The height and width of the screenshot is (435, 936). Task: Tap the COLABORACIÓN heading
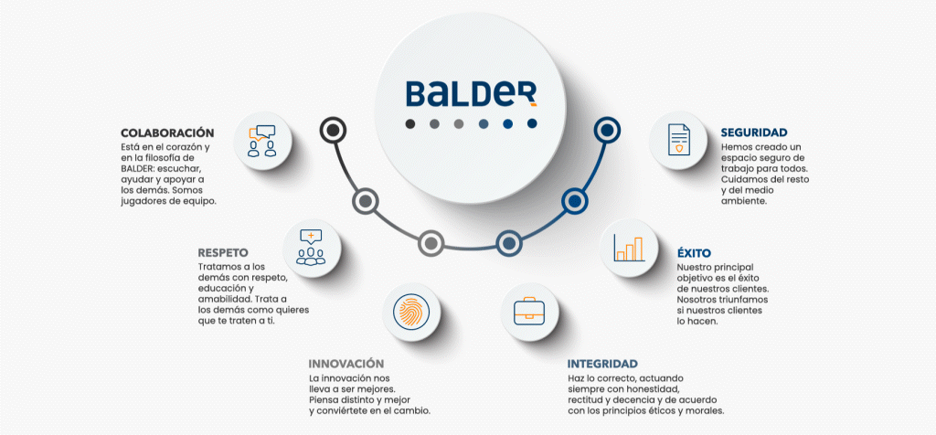click(x=167, y=133)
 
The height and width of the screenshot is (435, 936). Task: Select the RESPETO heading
click(x=223, y=252)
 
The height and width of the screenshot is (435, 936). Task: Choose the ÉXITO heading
click(x=694, y=252)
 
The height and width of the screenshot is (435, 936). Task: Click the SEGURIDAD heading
click(x=754, y=133)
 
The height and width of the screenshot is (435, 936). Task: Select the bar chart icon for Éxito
click(x=630, y=247)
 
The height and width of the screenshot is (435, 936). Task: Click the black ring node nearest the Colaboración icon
click(x=333, y=131)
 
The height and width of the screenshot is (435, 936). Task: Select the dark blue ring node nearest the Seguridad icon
click(x=605, y=131)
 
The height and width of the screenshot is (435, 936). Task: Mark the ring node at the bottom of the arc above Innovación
click(x=431, y=243)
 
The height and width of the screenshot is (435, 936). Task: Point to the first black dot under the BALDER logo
click(x=410, y=123)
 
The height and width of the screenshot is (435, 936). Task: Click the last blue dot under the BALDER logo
click(x=531, y=123)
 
